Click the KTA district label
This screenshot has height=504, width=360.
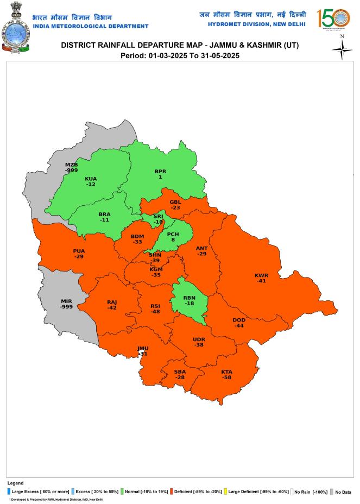[226, 371]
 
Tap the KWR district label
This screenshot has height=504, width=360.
[261, 275]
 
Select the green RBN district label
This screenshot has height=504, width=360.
[189, 298]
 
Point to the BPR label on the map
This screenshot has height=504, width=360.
[160, 172]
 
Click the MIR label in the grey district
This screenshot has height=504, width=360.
[66, 301]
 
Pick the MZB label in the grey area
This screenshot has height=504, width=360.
[72, 165]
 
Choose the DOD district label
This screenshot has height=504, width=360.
[239, 320]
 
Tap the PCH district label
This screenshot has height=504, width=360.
[173, 234]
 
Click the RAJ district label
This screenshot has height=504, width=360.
[112, 302]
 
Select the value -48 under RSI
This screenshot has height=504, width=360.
[155, 312]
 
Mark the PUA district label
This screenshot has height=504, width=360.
[79, 251]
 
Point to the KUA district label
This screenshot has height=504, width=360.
[91, 179]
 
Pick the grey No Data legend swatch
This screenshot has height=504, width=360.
[331, 492]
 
